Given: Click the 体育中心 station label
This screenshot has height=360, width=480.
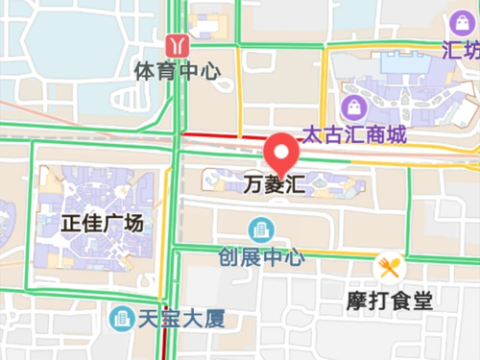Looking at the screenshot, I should click(178, 71).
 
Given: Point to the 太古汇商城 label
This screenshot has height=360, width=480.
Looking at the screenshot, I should click(354, 133).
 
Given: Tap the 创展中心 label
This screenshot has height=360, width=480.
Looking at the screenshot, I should click(261, 257).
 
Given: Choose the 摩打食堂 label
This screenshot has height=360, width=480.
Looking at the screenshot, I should click(389, 300).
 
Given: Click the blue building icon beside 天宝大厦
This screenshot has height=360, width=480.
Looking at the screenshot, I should click(121, 316).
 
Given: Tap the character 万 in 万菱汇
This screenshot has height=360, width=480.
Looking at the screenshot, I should click(252, 182).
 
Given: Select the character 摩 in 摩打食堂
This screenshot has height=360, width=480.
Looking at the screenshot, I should click(357, 300).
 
